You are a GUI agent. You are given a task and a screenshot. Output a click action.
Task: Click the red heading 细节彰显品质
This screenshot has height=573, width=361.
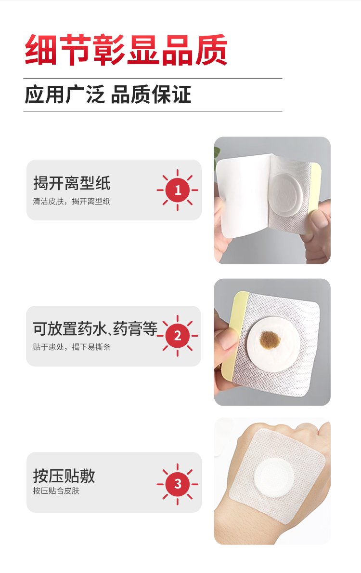[126, 50]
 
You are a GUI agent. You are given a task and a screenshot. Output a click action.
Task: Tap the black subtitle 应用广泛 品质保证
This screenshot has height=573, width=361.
[108, 95]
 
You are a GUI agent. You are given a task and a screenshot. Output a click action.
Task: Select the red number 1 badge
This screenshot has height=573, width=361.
[178, 190]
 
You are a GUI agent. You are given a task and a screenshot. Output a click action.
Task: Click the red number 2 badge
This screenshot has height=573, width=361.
[178, 336]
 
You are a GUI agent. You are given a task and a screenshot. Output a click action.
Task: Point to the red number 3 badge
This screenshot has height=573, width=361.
[178, 484]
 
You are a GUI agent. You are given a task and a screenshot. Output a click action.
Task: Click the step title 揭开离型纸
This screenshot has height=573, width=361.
[72, 183]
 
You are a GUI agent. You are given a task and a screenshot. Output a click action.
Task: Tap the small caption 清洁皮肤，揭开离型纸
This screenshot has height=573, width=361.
[71, 201]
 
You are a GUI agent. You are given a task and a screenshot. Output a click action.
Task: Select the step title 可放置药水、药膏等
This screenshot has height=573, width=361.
[95, 328]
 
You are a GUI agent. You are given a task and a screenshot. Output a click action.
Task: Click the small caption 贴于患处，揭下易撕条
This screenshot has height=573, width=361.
[71, 347]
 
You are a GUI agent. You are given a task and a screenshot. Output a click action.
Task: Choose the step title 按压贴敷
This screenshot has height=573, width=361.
[64, 476]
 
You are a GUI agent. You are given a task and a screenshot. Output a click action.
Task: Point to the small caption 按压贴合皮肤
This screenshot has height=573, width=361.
[56, 491]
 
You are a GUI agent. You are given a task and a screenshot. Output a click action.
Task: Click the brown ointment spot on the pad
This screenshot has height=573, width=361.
[270, 340]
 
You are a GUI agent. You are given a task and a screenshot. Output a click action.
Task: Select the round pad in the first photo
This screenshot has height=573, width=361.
[285, 195]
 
